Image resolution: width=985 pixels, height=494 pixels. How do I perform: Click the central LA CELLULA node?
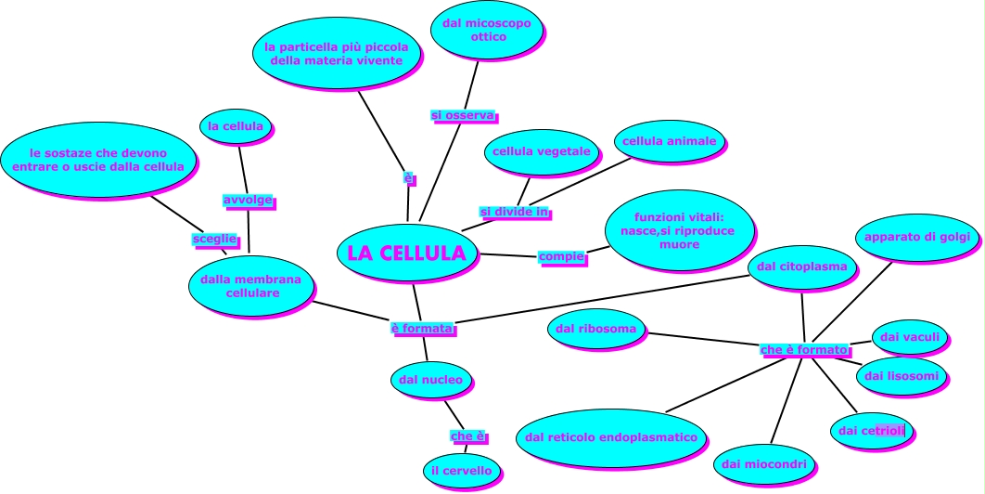tap(406, 253)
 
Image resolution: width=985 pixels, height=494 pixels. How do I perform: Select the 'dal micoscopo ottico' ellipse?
tap(487, 30)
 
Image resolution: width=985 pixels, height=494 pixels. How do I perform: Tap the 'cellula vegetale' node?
tap(541, 151)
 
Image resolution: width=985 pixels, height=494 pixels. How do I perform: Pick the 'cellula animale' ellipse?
tap(669, 141)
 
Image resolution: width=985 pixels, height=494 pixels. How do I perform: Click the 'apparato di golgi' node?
tap(916, 238)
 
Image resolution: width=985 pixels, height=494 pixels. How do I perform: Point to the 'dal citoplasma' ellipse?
tap(801, 267)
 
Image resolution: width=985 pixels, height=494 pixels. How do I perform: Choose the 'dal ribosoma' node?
tap(595, 329)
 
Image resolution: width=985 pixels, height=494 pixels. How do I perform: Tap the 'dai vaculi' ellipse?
tap(910, 337)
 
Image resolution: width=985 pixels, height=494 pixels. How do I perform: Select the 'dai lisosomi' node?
tap(901, 376)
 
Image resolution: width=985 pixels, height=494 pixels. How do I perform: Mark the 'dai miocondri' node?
tap(763, 463)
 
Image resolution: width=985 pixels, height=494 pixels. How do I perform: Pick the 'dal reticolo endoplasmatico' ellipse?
tap(610, 437)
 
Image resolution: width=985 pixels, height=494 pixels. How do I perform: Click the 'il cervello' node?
tap(461, 471)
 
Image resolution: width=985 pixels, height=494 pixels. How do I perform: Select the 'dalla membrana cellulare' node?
tap(250, 286)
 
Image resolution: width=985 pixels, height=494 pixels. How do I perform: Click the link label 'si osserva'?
tap(463, 115)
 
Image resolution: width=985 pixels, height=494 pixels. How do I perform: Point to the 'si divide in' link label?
tap(515, 213)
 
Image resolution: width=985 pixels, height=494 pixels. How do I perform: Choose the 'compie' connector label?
tap(561, 256)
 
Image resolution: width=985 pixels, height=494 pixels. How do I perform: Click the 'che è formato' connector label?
tap(804, 350)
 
